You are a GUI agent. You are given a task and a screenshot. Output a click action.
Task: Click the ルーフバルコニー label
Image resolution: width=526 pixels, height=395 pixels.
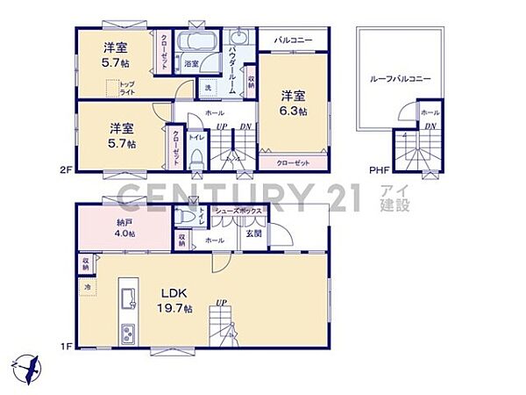point(401,79)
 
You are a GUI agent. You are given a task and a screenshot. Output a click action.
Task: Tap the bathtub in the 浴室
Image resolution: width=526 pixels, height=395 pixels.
point(197,44)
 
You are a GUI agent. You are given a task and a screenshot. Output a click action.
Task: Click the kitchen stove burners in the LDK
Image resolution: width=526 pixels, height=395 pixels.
point(127,334)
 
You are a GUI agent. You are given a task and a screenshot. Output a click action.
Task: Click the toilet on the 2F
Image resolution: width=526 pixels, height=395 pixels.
point(197,158)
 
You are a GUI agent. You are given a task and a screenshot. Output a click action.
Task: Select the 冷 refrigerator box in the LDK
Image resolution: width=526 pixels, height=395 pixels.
point(88,286)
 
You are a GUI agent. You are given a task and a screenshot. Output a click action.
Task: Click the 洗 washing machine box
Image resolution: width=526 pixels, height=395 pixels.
point(208,88)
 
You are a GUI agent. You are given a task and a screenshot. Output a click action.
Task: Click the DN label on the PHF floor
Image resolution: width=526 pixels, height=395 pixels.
point(430,127)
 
